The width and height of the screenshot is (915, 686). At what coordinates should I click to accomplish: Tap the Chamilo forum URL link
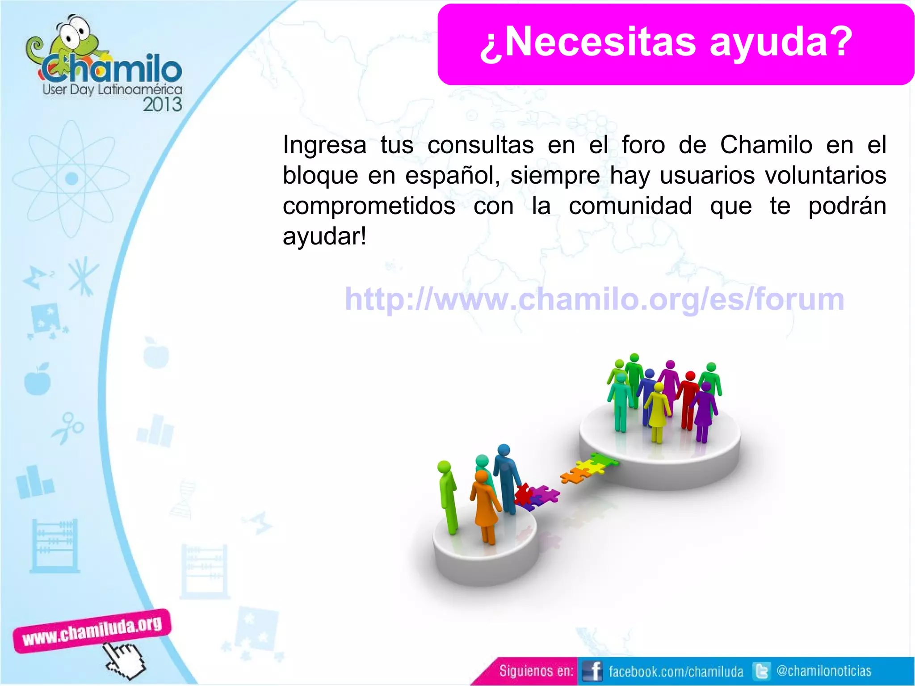[594, 299]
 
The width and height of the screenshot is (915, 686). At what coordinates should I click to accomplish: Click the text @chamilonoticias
[823, 671]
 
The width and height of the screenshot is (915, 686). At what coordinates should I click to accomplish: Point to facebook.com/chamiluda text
[676, 671]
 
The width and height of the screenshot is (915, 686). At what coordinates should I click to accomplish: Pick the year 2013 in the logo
[162, 105]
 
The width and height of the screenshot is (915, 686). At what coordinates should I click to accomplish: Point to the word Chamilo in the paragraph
[766, 145]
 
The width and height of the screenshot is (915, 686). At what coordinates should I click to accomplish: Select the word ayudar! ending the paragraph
[324, 236]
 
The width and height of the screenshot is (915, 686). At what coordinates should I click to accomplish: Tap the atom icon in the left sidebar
[71, 179]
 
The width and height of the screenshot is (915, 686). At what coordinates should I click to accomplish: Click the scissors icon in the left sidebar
[68, 427]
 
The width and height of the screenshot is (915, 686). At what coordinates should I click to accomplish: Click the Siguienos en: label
[536, 671]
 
